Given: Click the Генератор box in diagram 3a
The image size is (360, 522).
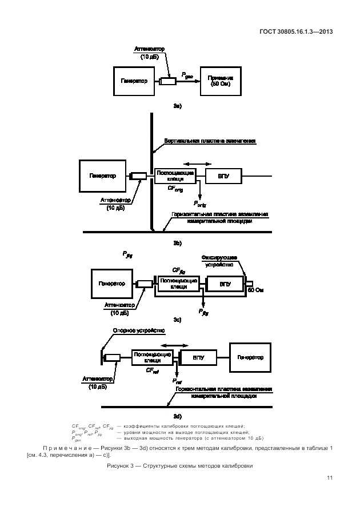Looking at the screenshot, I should (x=134, y=81).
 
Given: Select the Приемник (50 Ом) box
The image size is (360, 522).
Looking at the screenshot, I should (x=220, y=81).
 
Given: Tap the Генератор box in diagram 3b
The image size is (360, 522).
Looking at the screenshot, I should (x=102, y=176).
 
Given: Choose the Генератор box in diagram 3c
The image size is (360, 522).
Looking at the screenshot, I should (x=112, y=284).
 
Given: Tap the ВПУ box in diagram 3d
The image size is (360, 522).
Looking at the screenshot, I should (x=199, y=357).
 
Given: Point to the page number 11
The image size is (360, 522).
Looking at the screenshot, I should (x=330, y=478).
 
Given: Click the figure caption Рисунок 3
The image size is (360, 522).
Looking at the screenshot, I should (x=179, y=466).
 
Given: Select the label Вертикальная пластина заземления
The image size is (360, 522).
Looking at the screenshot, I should (x=209, y=140).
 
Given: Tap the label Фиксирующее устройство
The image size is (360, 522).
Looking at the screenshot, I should (x=219, y=260).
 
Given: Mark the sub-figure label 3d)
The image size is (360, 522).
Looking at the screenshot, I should (x=177, y=416).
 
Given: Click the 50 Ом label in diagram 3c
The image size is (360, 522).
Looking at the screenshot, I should (x=255, y=290).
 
